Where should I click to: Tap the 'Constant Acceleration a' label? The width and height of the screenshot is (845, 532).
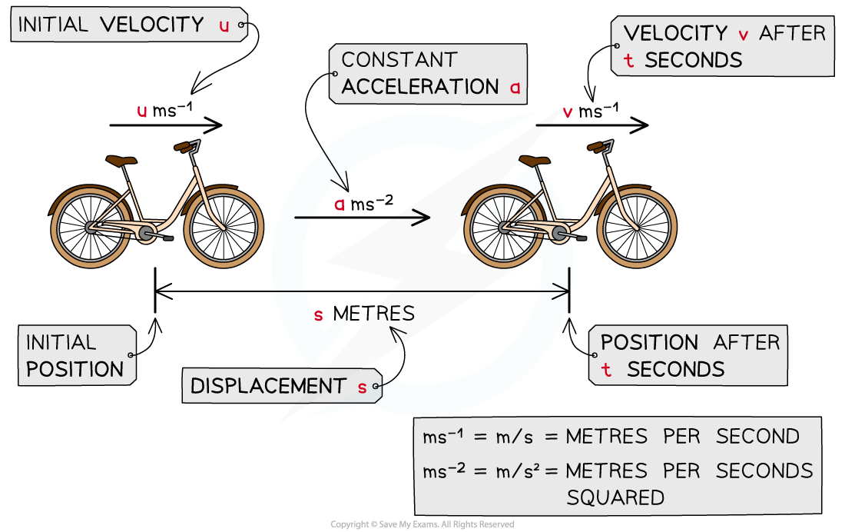pos(429,74)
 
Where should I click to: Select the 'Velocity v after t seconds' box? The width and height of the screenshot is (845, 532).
pos(722,47)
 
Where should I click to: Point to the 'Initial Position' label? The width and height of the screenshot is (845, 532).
pos(75,355)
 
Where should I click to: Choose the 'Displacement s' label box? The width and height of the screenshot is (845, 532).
pos(281,386)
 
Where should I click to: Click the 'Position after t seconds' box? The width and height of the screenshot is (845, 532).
pos(688,356)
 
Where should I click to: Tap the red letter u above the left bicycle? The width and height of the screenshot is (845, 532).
pos(142,111)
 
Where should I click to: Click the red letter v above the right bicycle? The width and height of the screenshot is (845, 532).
pos(568,112)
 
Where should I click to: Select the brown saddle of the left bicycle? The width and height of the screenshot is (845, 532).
pos(121,161)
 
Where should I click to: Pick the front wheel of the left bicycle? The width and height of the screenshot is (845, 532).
pos(224,228)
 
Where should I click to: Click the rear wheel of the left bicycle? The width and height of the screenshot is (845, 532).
pos(91,228)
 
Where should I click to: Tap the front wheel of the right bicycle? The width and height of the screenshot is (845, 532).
pos(637,228)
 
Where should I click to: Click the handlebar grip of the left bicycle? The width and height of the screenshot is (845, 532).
pos(182,146)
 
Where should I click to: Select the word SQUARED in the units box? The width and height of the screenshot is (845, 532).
pos(615,497)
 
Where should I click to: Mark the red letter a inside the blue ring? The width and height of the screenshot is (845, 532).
pos(340,204)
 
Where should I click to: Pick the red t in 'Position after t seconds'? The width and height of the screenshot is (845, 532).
pos(607,370)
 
